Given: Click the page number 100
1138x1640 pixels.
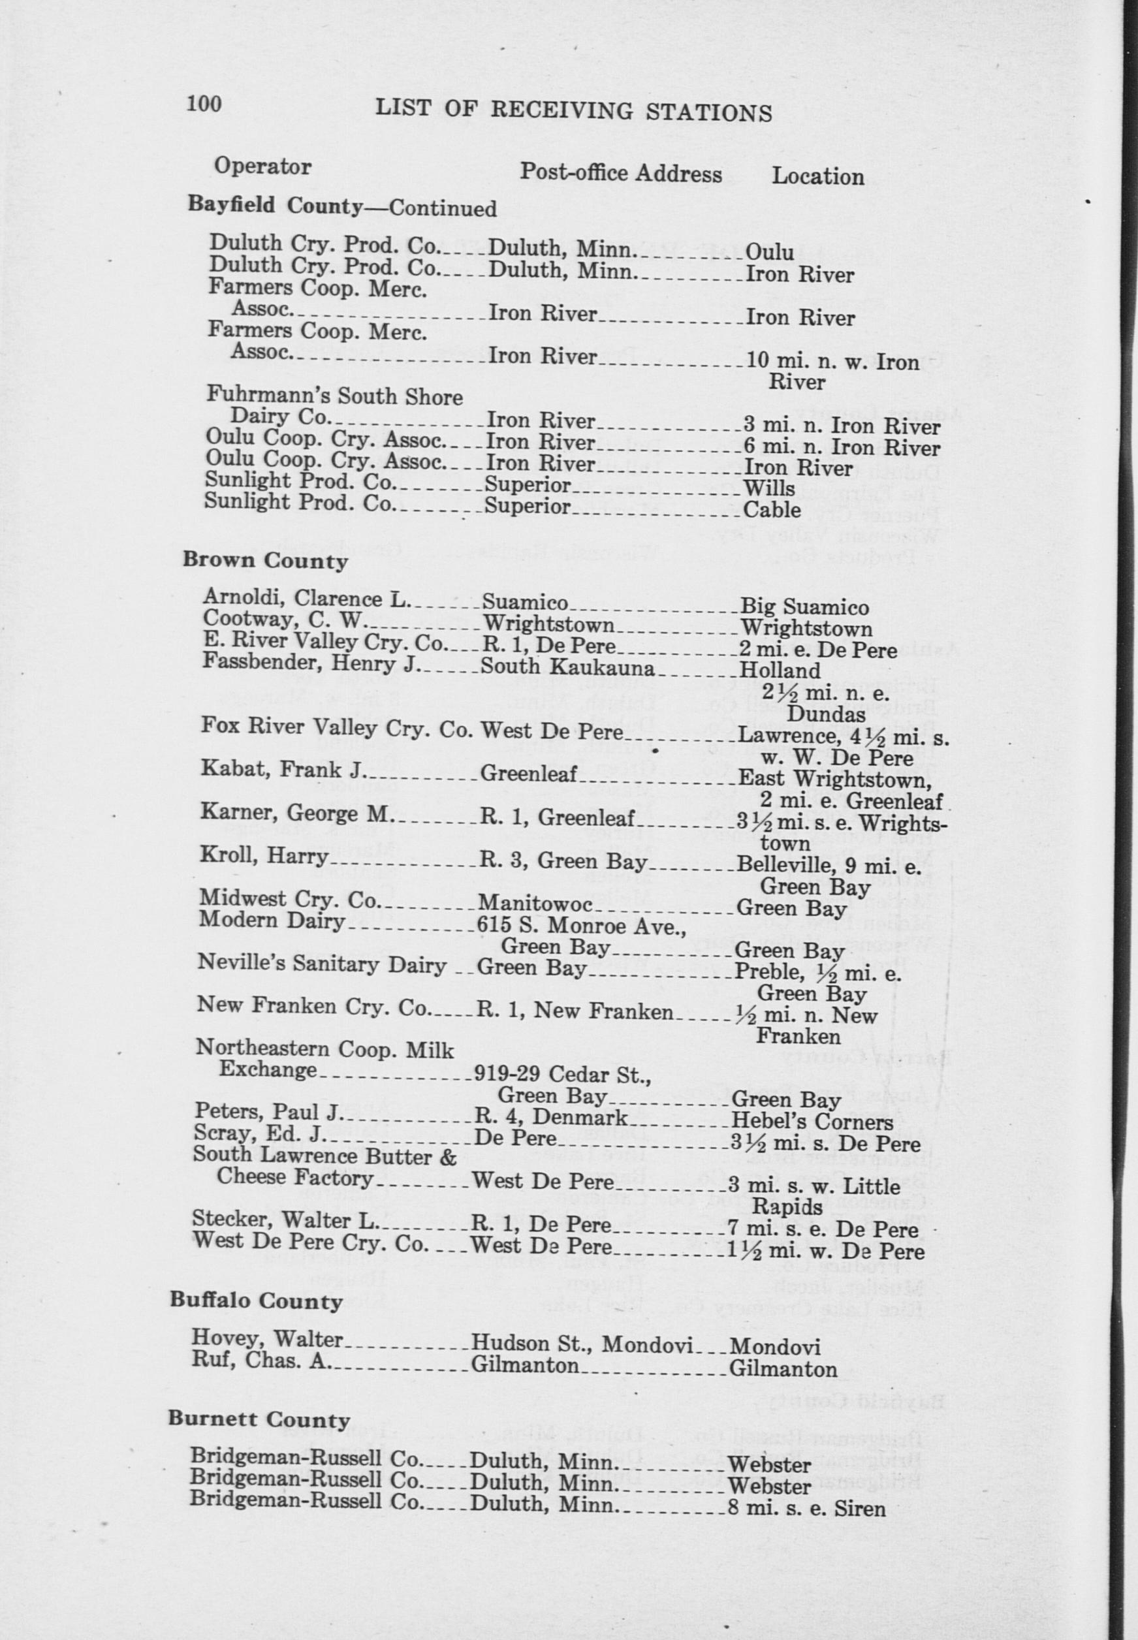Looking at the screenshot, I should coord(204,104).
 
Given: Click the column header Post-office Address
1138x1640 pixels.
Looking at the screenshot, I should coord(620,173).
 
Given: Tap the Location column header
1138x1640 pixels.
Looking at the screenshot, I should coord(818,176).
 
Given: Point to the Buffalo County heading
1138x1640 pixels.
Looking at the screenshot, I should coord(256,1301).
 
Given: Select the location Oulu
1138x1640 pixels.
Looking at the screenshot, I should coord(768,252).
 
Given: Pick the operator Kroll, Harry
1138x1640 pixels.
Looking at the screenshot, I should coord(264,856).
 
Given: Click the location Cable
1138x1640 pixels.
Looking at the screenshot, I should coord(772,510).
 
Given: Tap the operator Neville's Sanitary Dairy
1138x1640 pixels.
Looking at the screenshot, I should coord(320,966).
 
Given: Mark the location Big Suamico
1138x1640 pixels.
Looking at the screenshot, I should coord(804,607).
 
